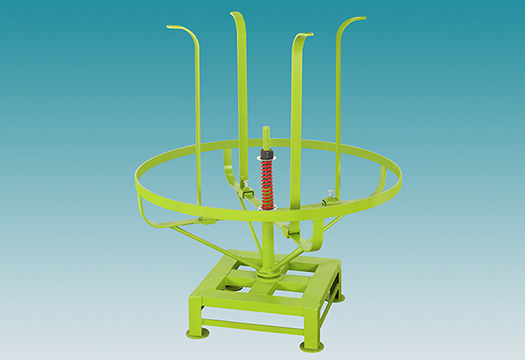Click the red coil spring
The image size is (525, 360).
267,185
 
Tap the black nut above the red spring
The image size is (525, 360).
266,155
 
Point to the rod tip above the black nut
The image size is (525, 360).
265,131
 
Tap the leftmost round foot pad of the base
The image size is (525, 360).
198,331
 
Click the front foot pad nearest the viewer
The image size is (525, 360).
311,346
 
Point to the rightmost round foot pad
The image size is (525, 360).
338,297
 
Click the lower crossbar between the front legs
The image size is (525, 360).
255,325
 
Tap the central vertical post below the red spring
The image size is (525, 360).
267,240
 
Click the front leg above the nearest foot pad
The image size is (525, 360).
312,320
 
